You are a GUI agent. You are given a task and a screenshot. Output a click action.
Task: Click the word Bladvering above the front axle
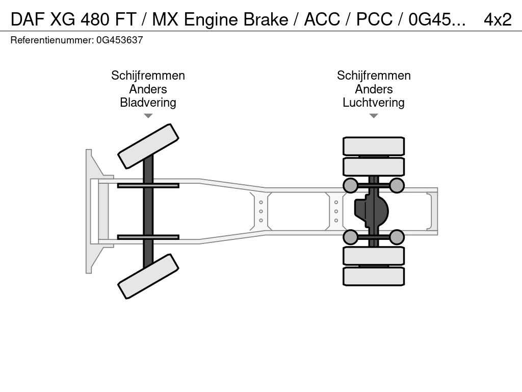(x=148, y=103)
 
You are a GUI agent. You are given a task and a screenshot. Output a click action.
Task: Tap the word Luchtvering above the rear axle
(x=373, y=103)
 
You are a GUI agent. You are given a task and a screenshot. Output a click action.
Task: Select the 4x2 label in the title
(x=497, y=19)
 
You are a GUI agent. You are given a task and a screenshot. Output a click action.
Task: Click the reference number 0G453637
(x=119, y=40)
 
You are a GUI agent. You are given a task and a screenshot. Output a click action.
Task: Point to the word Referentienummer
(x=51, y=40)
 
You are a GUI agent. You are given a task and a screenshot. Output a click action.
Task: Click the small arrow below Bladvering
(x=148, y=116)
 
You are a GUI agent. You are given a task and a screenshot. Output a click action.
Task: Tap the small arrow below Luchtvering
(x=373, y=116)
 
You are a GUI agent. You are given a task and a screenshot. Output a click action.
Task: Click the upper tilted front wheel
(x=148, y=146)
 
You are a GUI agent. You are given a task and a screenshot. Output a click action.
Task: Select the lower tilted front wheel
(x=148, y=276)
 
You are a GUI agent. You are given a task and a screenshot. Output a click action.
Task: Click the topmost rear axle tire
(x=374, y=146)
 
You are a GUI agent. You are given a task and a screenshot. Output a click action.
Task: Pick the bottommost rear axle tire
(x=374, y=276)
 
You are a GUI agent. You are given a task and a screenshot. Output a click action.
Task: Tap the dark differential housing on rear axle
(x=372, y=211)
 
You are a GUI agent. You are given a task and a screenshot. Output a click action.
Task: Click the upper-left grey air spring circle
(x=350, y=185)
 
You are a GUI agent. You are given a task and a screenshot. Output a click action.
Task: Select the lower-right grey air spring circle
(x=397, y=237)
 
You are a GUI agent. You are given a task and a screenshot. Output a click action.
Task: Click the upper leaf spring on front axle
(x=148, y=185)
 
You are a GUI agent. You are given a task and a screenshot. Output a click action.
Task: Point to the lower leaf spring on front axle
(x=148, y=237)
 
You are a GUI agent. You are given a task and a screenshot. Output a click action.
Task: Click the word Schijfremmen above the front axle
(x=148, y=76)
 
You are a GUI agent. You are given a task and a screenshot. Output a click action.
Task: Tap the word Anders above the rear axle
(x=373, y=89)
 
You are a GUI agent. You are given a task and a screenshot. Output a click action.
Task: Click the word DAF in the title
(x=28, y=19)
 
